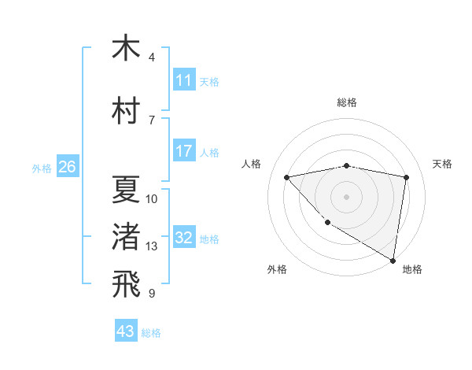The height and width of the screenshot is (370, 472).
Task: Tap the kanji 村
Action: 126,110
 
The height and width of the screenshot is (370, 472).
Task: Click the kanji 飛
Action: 126,285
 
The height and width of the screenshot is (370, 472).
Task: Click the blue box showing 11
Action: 184,80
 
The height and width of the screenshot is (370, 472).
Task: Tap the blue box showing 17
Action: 184,151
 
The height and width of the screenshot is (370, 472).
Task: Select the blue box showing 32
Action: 184,238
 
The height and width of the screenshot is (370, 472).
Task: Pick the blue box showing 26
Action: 67,167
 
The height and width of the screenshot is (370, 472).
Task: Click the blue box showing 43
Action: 126,331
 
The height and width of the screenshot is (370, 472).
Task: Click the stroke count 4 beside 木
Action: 152,57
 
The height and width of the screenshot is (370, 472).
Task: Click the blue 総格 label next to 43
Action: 151,333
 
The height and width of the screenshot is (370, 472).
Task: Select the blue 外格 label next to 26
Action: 42,168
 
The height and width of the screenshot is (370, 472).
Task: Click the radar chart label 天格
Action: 442,164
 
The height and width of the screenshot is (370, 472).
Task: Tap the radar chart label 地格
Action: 412,269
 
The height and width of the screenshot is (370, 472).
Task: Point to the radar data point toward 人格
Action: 287,177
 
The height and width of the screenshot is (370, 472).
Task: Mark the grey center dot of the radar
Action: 346,196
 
